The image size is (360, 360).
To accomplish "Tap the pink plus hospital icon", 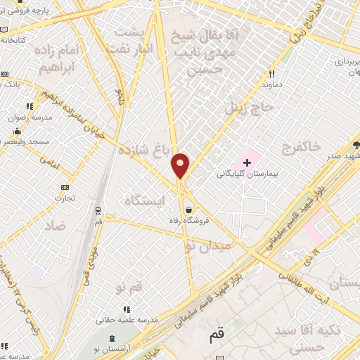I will (247, 162).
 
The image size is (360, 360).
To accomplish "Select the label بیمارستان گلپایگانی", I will (245, 173).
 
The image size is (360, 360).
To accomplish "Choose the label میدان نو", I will (208, 247).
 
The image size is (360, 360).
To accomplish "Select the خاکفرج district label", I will (300, 146).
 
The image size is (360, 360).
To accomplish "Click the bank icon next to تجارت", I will (65, 187).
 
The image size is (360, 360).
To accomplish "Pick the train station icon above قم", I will (97, 210).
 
